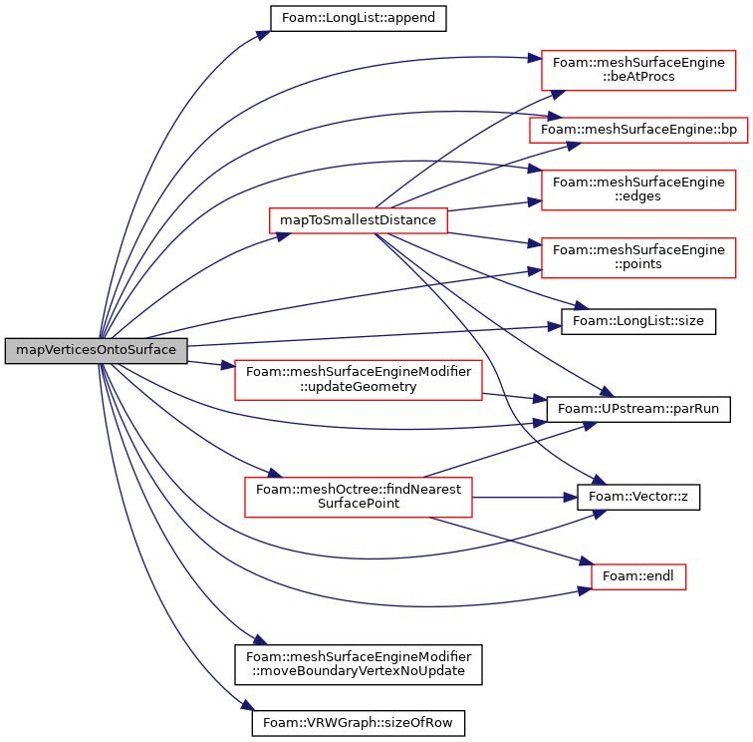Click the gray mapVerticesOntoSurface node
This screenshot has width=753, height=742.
click(96, 351)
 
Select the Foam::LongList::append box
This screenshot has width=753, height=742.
click(359, 18)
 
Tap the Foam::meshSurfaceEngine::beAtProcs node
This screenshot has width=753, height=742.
click(638, 70)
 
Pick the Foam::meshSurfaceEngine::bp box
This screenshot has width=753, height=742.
click(638, 130)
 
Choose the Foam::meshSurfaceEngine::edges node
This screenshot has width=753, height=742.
click(638, 189)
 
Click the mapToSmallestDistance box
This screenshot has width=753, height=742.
click(359, 220)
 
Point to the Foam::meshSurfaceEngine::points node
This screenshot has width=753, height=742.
click(638, 257)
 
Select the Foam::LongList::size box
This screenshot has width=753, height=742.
click(638, 321)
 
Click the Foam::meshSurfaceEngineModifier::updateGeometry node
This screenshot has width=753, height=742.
click(359, 379)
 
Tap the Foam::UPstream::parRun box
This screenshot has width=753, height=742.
click(638, 409)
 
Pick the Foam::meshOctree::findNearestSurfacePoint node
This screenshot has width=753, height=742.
click(359, 497)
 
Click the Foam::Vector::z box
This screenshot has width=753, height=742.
click(638, 497)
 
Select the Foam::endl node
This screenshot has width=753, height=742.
click(638, 576)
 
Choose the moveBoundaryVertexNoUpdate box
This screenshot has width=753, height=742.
click(359, 664)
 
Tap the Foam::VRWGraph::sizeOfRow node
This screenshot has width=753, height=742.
click(359, 723)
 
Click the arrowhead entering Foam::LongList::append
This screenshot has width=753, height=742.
click(264, 35)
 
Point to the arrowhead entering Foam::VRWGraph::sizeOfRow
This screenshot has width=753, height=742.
click(248, 705)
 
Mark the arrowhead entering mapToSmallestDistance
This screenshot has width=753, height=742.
click(284, 235)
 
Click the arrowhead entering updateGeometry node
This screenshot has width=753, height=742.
click(228, 365)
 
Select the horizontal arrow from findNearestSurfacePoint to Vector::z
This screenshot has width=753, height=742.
click(524, 498)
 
